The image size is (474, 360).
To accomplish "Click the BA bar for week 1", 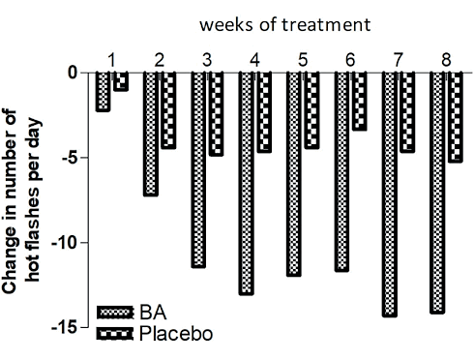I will pyautogui.click(x=103, y=92).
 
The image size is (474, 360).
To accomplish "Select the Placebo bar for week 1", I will pyautogui.click(x=121, y=81).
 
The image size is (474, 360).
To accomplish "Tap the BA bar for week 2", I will pyautogui.click(x=151, y=134).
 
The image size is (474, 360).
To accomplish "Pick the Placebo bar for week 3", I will pyautogui.click(x=216, y=113).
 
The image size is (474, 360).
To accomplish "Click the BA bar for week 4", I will pyautogui.click(x=247, y=183).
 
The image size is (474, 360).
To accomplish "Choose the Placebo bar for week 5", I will pyautogui.click(x=311, y=110).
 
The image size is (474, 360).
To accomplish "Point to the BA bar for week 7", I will pyautogui.click(x=389, y=194).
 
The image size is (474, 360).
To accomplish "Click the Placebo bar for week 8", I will pyautogui.click(x=455, y=117).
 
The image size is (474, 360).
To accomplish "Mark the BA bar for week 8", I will pyautogui.click(x=436, y=193).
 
